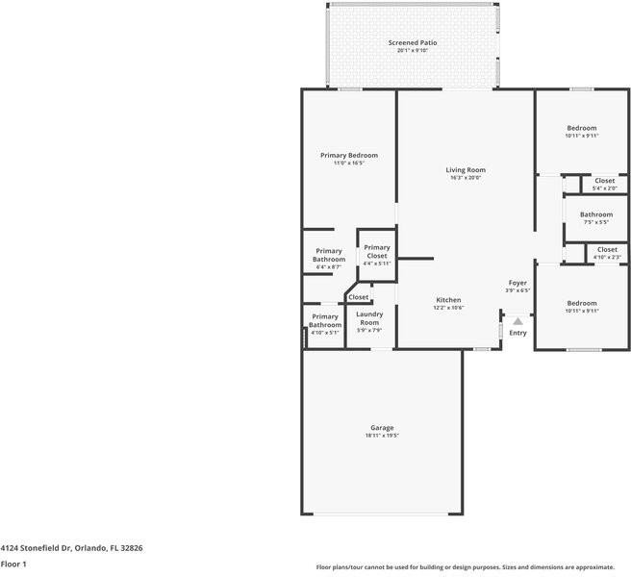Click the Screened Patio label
pyautogui.click(x=413, y=43)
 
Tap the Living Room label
pyautogui.click(x=465, y=170)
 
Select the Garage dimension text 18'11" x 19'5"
pyautogui.click(x=382, y=436)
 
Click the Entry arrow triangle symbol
pyautogui.click(x=517, y=321)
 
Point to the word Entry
pyautogui.click(x=517, y=333)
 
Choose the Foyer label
pyautogui.click(x=517, y=283)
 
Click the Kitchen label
pyautogui.click(x=448, y=300)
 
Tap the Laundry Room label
pyautogui.click(x=369, y=318)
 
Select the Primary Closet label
pyautogui.click(x=376, y=251)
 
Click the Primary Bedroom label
pyautogui.click(x=348, y=155)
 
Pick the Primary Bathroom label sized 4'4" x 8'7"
pyautogui.click(x=328, y=255)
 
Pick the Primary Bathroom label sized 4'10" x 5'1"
pyautogui.click(x=324, y=320)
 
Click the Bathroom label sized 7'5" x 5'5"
pyautogui.click(x=595, y=214)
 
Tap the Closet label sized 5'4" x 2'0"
pyautogui.click(x=604, y=181)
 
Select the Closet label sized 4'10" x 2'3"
pyautogui.click(x=607, y=249)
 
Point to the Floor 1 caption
pyautogui.click(x=13, y=564)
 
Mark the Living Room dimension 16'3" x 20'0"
pyautogui.click(x=465, y=178)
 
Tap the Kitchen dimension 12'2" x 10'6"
pyautogui.click(x=448, y=308)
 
